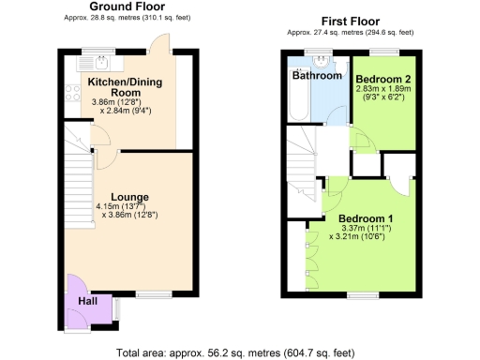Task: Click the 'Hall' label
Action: click(x=86, y=302)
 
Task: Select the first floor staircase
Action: click(x=302, y=155)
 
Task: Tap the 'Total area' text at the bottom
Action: click(x=235, y=352)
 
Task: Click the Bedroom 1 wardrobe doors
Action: click(x=308, y=259)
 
